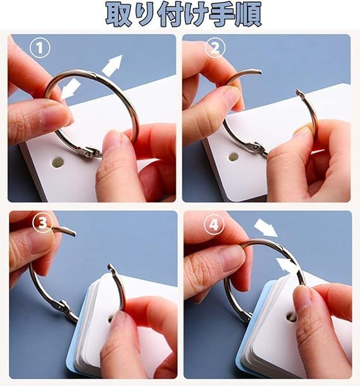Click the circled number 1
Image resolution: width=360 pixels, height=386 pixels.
point(40,47)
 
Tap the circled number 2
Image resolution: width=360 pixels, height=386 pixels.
point(215,47)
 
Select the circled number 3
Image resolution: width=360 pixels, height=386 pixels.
point(42,223)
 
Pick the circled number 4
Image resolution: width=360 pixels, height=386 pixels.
point(214,224)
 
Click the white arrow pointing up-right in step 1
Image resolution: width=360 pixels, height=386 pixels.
point(113,65)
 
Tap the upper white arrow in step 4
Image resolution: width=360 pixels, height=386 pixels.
point(265,228)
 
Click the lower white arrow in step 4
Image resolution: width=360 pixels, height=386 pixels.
point(287,264)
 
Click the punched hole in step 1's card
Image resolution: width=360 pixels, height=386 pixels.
point(58,162)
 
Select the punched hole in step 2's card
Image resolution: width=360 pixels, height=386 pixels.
point(233,156)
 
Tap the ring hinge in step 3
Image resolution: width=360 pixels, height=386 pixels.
point(61,306)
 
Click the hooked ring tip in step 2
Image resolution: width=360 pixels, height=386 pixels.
point(299,92)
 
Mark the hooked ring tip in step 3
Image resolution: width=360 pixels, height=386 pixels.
point(110,266)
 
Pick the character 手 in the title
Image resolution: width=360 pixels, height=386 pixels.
point(221,15)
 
